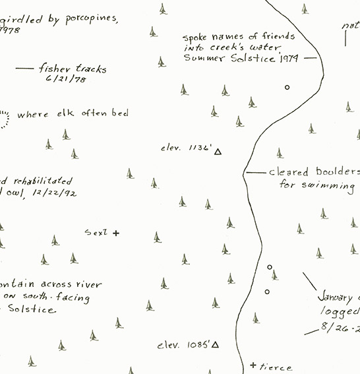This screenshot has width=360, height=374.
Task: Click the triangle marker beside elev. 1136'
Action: [218, 152]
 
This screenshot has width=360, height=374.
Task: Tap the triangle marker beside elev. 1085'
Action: [215, 345]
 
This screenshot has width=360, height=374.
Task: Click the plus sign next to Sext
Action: [117, 233]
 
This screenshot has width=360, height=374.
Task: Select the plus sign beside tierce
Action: [253, 365]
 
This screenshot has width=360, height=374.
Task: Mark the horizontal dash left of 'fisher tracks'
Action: [24, 68]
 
